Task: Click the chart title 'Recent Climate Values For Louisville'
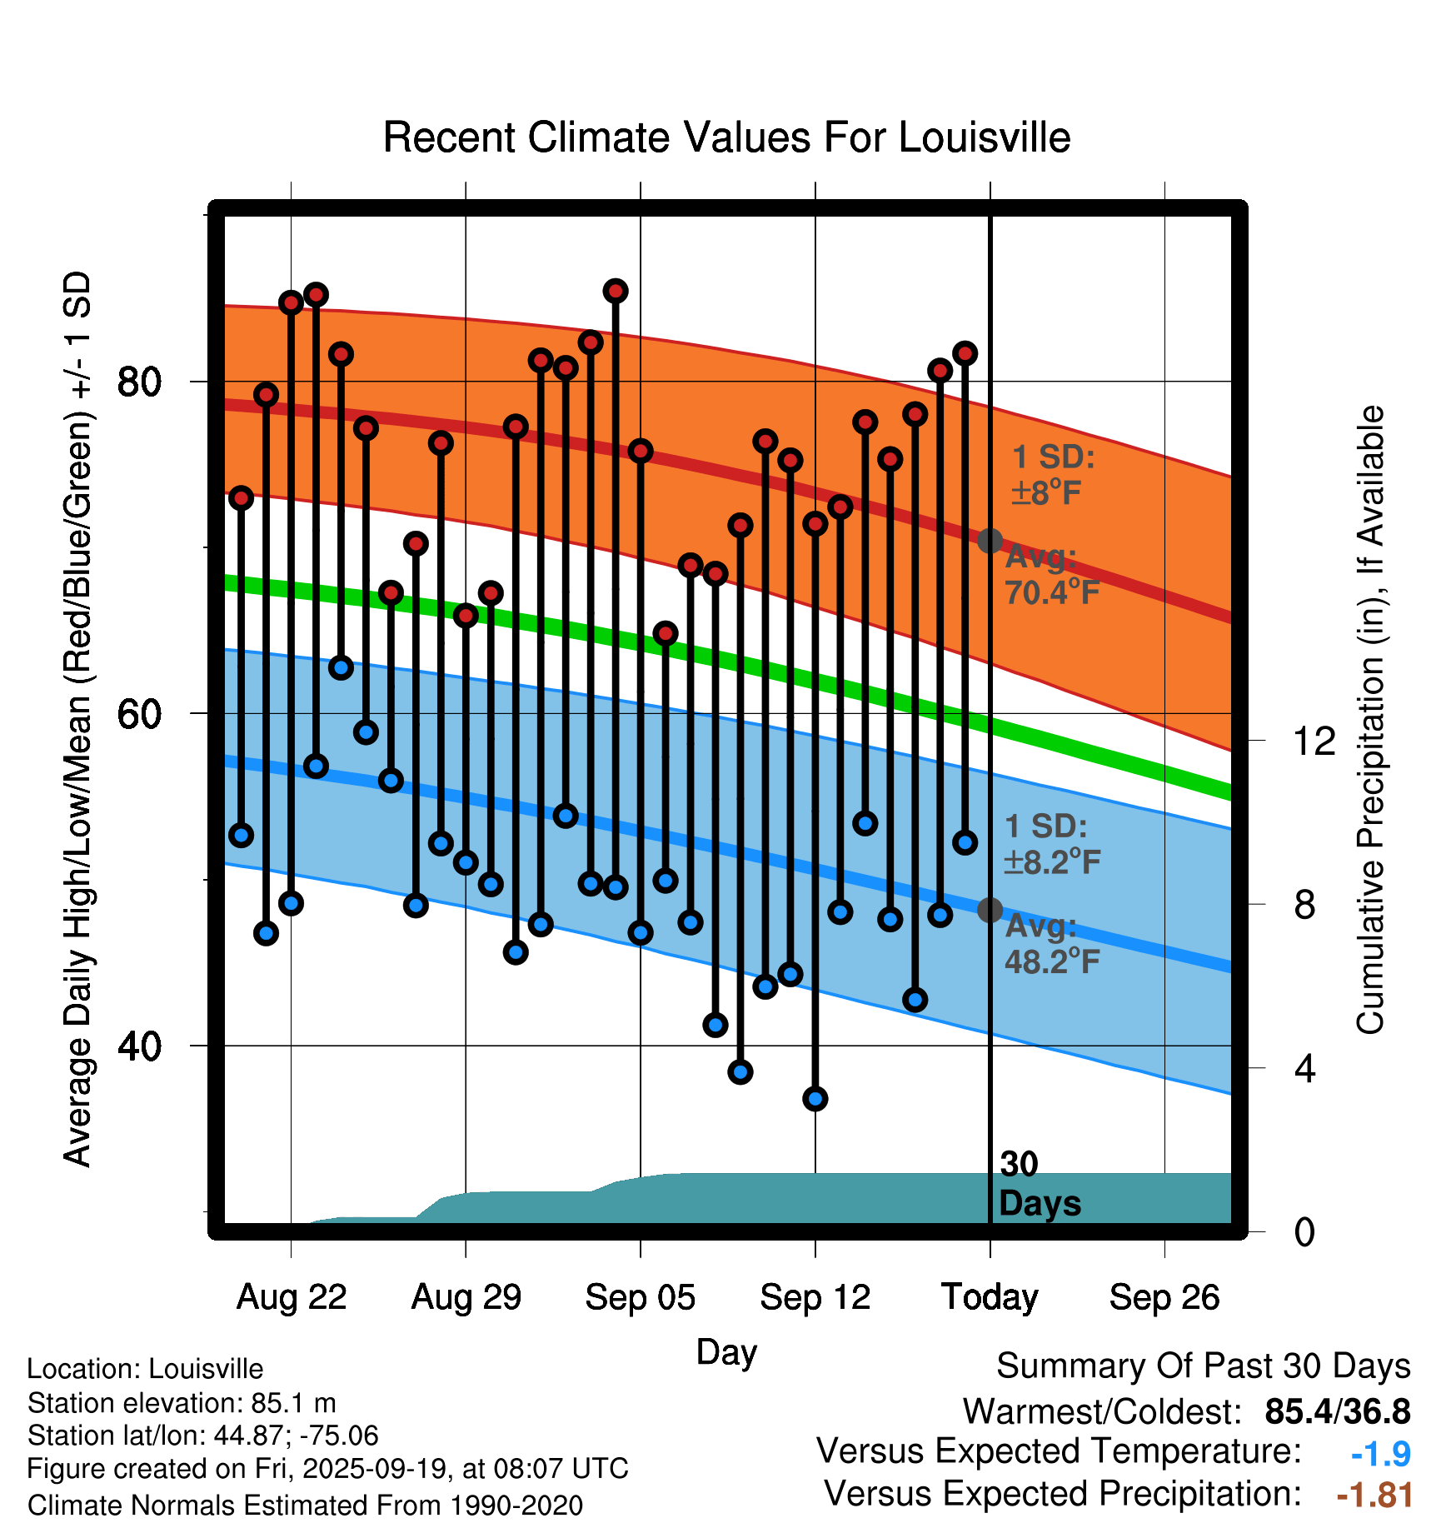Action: (x=726, y=137)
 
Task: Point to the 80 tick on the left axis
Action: (x=139, y=382)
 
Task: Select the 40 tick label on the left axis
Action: (x=139, y=1046)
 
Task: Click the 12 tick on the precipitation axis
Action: (x=1314, y=741)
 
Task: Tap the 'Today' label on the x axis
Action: (x=990, y=1297)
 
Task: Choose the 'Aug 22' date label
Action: (x=292, y=1297)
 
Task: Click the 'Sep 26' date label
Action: (x=1164, y=1297)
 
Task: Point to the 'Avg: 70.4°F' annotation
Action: (x=1051, y=575)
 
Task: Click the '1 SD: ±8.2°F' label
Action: (x=1051, y=844)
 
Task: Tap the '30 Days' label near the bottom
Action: (x=1039, y=1184)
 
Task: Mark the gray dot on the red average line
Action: (x=990, y=541)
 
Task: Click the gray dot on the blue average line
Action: (x=990, y=910)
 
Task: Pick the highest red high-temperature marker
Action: (x=616, y=291)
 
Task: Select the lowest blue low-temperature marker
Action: (x=815, y=1099)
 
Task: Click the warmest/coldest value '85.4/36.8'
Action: (x=1337, y=1411)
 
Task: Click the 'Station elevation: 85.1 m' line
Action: (x=182, y=1403)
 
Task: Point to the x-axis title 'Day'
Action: (x=726, y=1351)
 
